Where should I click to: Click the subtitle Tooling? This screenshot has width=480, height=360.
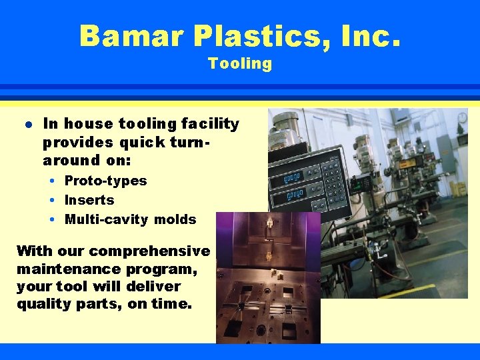(240, 64)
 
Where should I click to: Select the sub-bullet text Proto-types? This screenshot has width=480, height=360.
(105, 181)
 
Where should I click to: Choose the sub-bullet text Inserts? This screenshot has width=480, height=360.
(89, 200)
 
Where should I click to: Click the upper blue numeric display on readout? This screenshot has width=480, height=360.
(292, 176)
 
